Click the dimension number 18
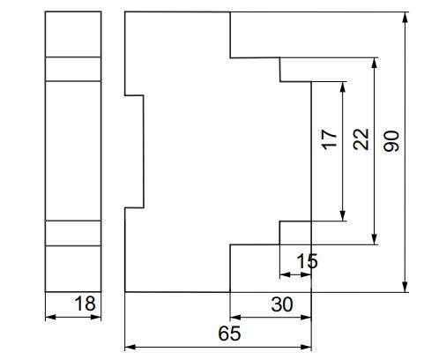click(85, 304)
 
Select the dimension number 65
click(229, 334)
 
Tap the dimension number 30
click(282, 304)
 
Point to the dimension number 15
click(307, 261)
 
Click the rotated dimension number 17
click(330, 139)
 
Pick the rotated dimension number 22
click(361, 139)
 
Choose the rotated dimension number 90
click(392, 141)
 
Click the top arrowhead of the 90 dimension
click(405, 17)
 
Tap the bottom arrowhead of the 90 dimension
click(405, 287)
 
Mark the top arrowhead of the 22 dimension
click(374, 63)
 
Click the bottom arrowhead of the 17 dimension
click(343, 216)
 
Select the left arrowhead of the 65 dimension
click(130, 347)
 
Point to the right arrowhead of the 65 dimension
click(306, 347)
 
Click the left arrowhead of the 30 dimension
click(235, 317)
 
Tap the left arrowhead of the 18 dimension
click(50, 317)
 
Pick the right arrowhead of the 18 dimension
click(96, 317)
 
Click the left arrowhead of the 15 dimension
click(285, 274)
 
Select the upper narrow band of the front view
click(73, 69)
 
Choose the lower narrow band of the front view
click(73, 233)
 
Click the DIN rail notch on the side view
click(144, 152)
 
